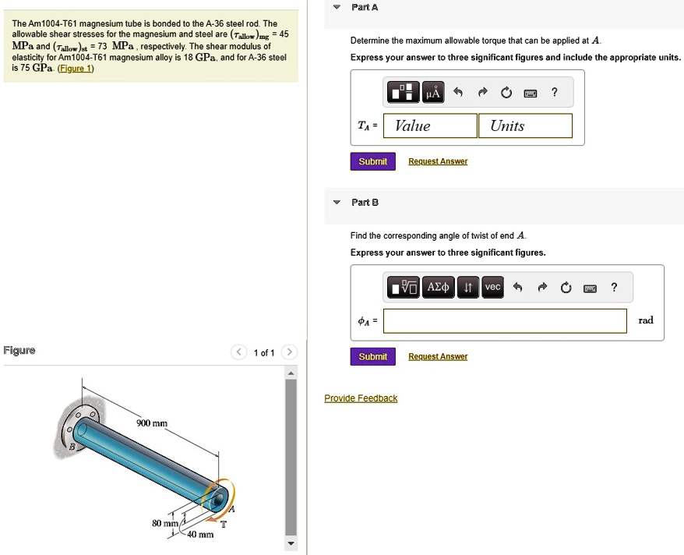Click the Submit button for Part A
click(372, 161)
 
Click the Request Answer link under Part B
click(438, 356)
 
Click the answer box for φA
click(505, 320)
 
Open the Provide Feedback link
click(361, 398)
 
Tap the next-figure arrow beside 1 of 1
click(289, 352)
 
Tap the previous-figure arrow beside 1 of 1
click(240, 352)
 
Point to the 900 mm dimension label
click(152, 423)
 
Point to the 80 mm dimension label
click(165, 523)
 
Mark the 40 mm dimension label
click(199, 534)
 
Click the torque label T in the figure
click(223, 524)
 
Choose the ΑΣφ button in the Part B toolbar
click(439, 288)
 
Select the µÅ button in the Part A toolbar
click(432, 94)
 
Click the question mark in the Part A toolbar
click(554, 93)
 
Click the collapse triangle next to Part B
click(337, 202)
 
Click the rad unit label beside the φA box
click(646, 320)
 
